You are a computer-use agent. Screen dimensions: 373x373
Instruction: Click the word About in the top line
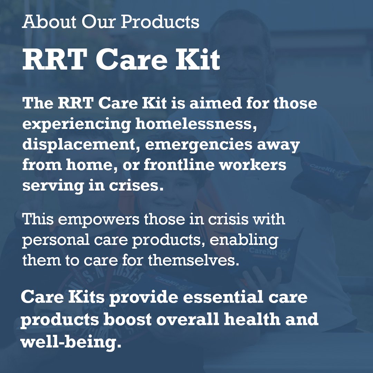click(49, 22)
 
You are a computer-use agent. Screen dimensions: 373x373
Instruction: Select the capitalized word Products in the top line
click(160, 22)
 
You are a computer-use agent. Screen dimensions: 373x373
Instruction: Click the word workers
click(254, 165)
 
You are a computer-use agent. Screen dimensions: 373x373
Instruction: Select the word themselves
click(194, 260)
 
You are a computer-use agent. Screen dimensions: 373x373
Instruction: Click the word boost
click(128, 319)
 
